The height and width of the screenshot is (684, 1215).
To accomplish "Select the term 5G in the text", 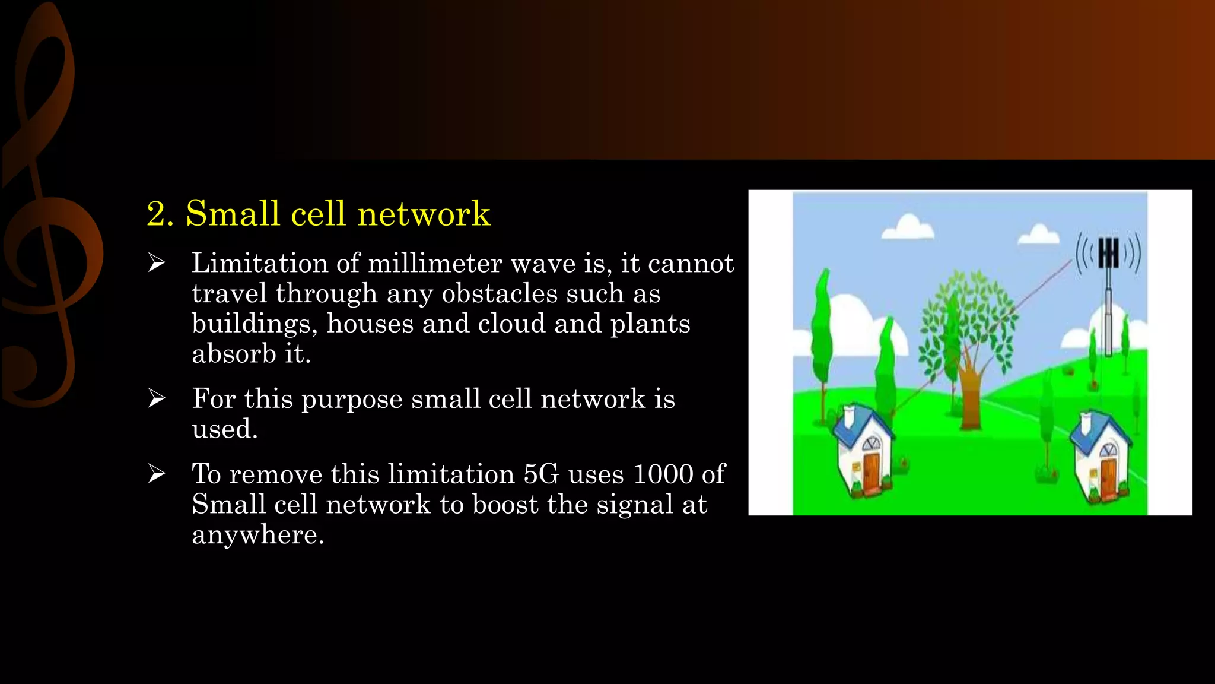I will (x=541, y=474).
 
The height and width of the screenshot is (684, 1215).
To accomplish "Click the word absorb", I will (x=234, y=354).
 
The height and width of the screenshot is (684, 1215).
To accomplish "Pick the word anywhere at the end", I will (x=257, y=535).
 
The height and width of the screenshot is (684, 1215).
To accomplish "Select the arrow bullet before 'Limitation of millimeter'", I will (x=157, y=262).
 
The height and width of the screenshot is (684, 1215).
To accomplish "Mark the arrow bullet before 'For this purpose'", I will (x=157, y=398).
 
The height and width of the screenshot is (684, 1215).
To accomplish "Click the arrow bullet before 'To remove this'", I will (x=157, y=473).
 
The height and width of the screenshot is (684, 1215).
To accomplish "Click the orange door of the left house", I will (x=872, y=472).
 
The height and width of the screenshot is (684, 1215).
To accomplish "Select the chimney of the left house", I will (x=849, y=416).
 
